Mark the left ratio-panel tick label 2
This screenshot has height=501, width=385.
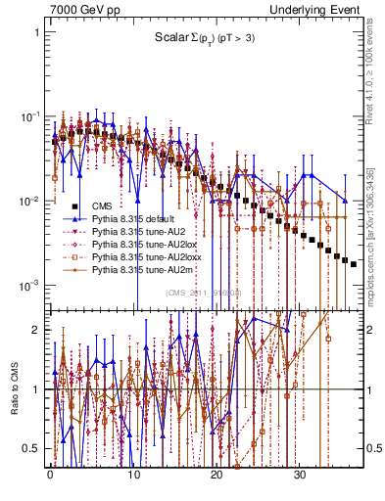coord(36,330)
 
